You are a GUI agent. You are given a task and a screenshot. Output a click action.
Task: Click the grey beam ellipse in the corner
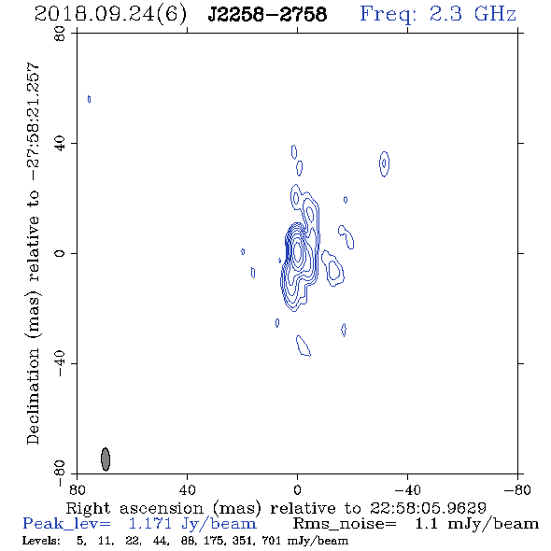[106, 459]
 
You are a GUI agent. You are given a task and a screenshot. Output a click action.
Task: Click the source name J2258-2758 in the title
[267, 15]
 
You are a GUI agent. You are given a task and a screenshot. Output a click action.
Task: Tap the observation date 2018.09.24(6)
[110, 15]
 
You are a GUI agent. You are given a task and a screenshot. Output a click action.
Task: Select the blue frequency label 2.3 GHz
[473, 14]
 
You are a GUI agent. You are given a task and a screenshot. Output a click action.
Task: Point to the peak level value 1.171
[150, 524]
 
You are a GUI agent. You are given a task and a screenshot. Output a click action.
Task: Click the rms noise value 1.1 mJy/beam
[477, 524]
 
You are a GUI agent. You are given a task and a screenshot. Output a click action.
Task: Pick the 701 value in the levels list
[272, 541]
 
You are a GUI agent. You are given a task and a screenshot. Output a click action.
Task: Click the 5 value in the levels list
[81, 541]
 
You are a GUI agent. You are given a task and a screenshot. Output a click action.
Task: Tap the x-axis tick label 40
[188, 490]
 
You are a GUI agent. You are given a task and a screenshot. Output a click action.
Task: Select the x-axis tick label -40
[407, 490]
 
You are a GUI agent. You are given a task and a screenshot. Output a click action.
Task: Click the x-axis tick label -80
[517, 490]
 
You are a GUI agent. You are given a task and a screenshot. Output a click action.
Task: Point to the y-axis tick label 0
[60, 253]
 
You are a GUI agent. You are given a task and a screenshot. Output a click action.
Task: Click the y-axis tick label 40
[60, 144]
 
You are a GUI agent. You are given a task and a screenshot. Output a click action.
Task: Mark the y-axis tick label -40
[60, 363]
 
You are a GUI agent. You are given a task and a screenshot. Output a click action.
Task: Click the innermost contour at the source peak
[298, 251]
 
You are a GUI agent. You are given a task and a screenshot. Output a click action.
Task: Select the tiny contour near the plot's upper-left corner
[90, 99]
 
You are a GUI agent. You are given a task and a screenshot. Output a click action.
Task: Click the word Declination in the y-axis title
[33, 397]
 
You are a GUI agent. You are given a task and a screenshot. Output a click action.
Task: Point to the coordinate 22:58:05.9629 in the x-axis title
[428, 508]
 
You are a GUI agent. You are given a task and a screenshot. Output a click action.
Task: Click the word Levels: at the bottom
[41, 541]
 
